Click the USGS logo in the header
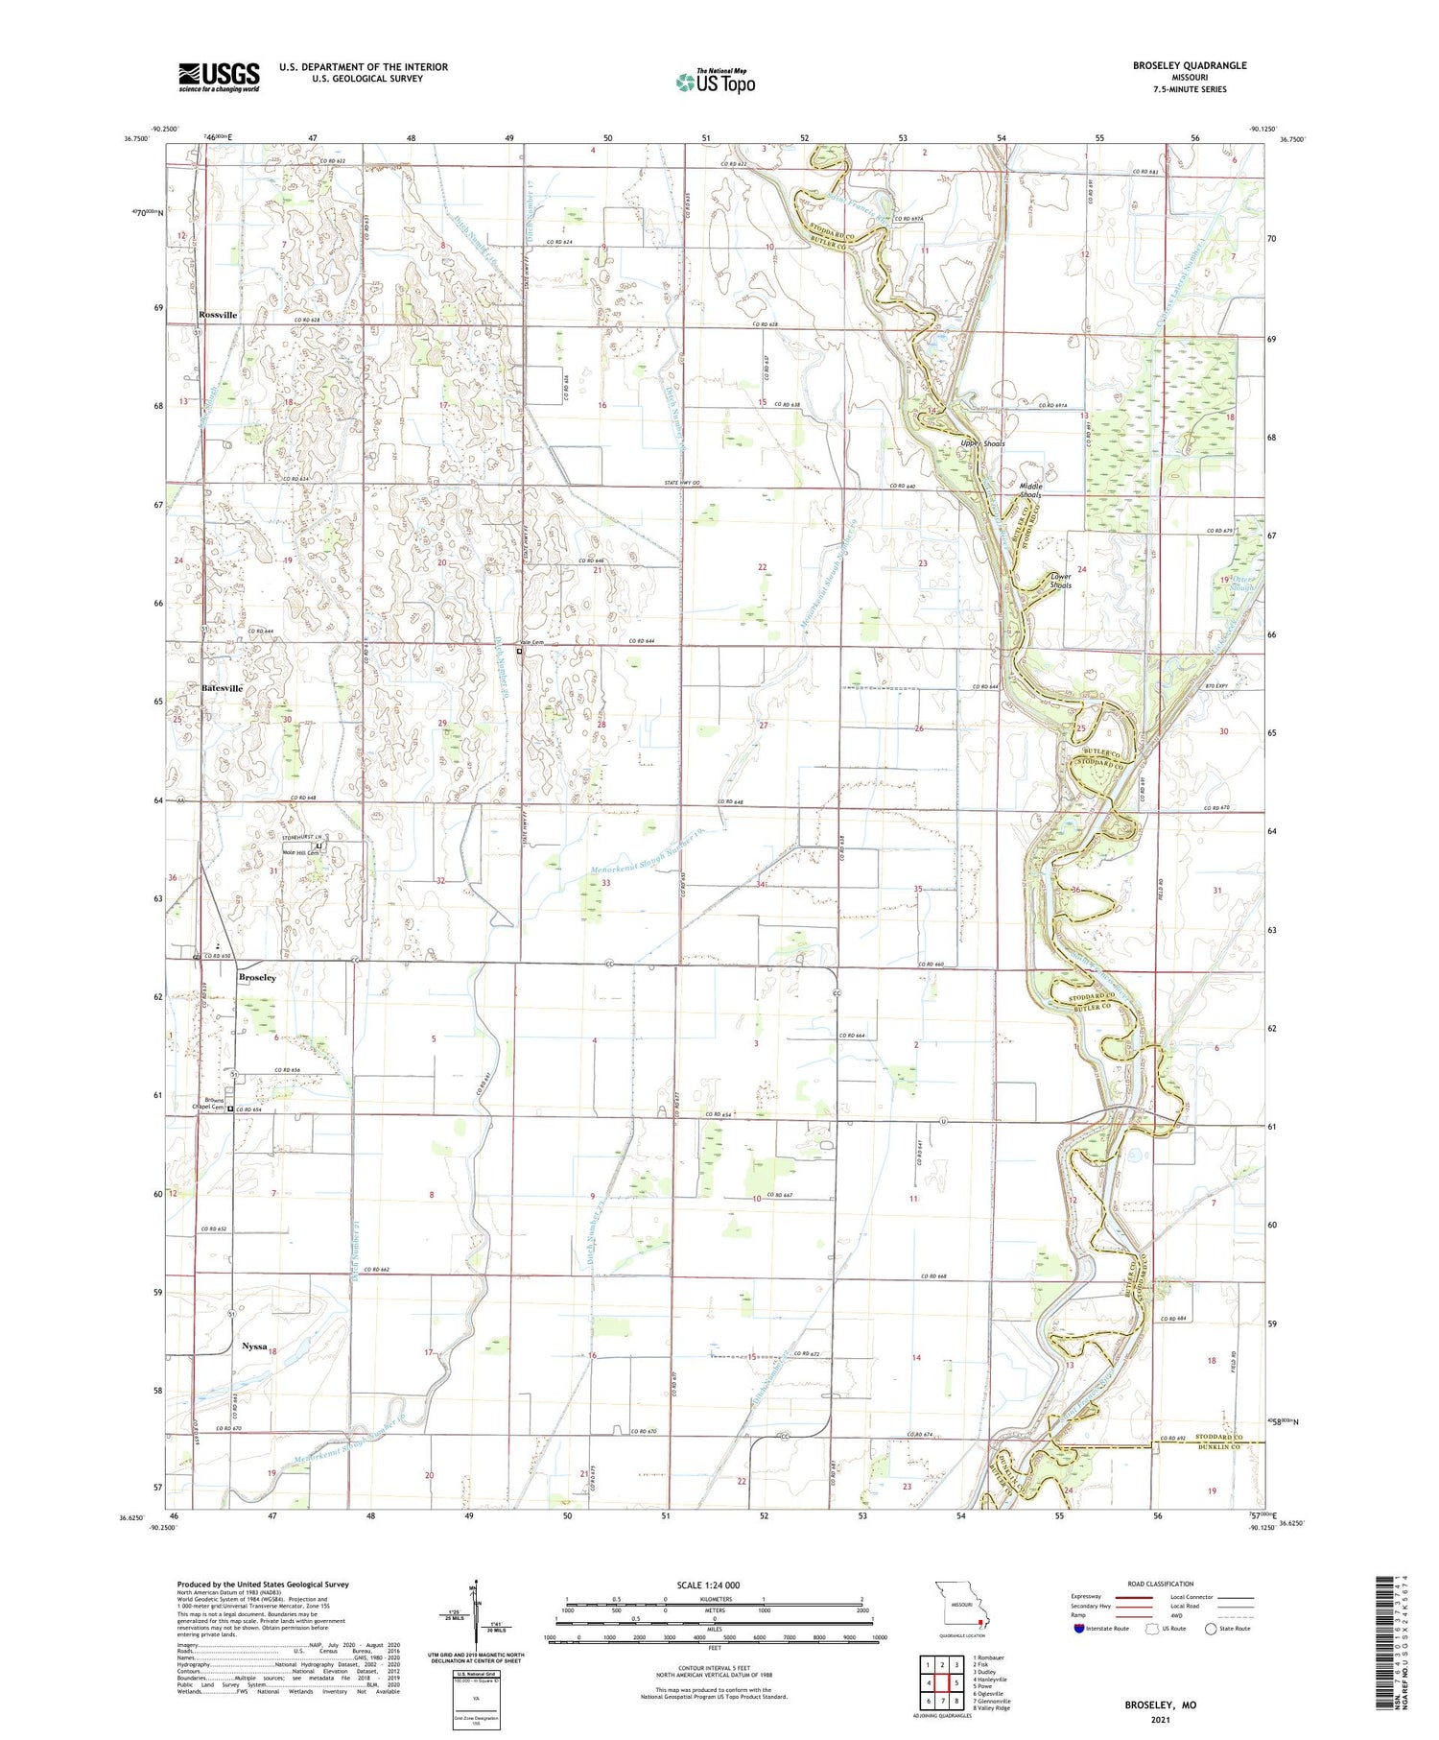[x=219, y=77]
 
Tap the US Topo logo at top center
[x=715, y=82]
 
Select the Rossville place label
[x=218, y=315]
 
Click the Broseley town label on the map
[x=257, y=977]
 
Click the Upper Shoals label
[x=982, y=443]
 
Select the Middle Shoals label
[x=1030, y=490]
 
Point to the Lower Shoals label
[x=1059, y=581]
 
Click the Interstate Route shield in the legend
[x=1079, y=1629]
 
